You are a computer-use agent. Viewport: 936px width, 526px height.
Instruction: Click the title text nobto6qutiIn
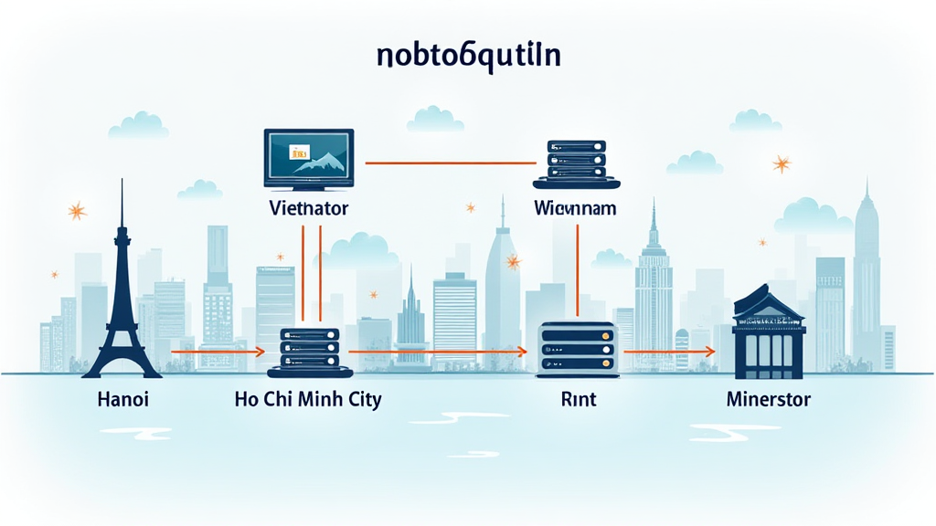468,57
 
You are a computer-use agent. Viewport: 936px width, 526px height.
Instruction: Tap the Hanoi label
122,399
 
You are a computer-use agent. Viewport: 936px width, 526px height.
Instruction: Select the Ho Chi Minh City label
308,399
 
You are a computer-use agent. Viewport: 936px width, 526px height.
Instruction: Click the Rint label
573,399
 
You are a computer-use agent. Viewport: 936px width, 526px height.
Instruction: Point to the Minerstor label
768,399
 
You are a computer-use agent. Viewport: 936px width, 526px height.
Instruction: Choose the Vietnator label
308,208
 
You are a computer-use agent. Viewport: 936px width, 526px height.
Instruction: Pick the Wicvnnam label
574,208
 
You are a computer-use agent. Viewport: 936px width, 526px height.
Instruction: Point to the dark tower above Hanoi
122,292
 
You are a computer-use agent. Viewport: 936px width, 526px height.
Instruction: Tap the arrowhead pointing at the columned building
710,350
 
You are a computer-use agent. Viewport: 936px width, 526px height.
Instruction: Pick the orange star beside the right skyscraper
782,164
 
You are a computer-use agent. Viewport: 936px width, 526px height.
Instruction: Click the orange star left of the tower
77,212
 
